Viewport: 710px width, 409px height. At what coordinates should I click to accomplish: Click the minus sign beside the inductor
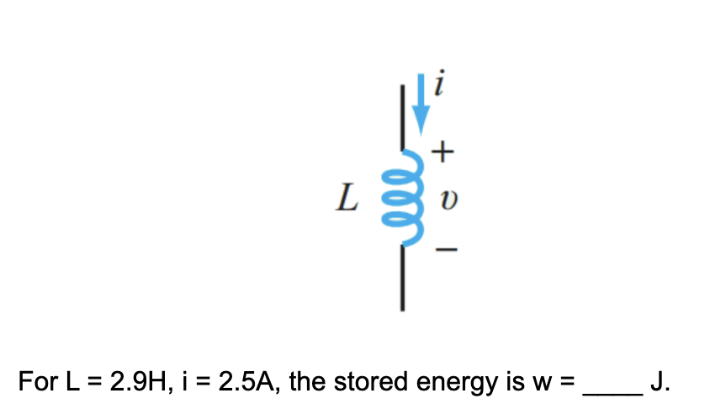click(447, 250)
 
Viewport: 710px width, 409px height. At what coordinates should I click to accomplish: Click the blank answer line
click(613, 390)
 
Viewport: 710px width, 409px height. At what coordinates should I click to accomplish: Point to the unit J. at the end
click(660, 383)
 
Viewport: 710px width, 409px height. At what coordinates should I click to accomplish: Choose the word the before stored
click(315, 383)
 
